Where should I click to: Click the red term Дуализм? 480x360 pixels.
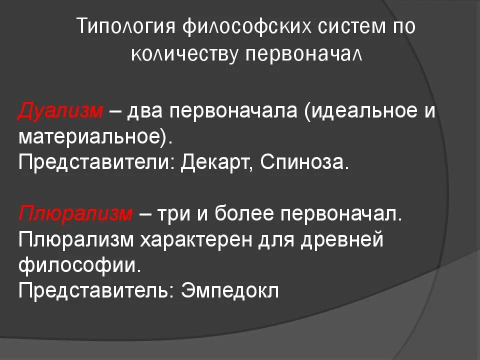60,111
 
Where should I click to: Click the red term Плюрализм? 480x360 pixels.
75,213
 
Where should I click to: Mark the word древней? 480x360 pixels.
341,239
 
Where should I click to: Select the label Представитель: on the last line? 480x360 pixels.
92,291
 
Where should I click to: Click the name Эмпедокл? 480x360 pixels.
229,291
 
